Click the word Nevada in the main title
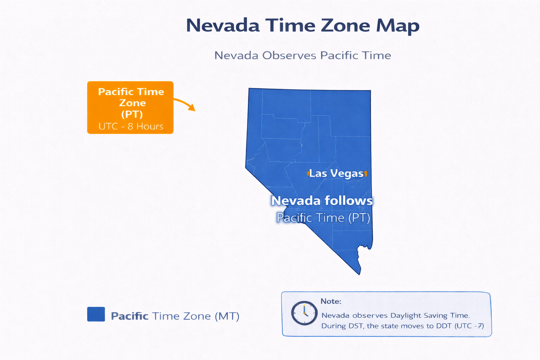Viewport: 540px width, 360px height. pyautogui.click(x=223, y=26)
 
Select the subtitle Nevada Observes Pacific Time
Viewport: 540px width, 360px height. pyautogui.click(x=302, y=56)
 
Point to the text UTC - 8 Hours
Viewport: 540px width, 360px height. pyautogui.click(x=131, y=127)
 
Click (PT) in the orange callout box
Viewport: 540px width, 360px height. pyautogui.click(x=132, y=114)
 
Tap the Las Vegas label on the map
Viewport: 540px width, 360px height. pyautogui.click(x=336, y=173)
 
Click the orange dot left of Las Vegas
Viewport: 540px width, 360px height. pyautogui.click(x=308, y=173)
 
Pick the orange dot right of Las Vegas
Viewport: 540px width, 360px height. pyautogui.click(x=366, y=173)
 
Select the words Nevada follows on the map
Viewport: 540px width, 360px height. pyautogui.click(x=322, y=201)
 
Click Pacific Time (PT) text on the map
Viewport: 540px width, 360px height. pyautogui.click(x=323, y=218)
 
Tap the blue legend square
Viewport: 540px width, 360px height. pyautogui.click(x=96, y=314)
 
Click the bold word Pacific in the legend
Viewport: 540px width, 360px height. pyautogui.click(x=129, y=316)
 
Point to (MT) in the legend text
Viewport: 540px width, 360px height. pyautogui.click(x=227, y=316)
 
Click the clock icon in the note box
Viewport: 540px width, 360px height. pyautogui.click(x=304, y=313)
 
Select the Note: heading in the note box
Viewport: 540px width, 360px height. pyautogui.click(x=331, y=301)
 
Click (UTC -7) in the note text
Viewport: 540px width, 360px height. pyautogui.click(x=469, y=326)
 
